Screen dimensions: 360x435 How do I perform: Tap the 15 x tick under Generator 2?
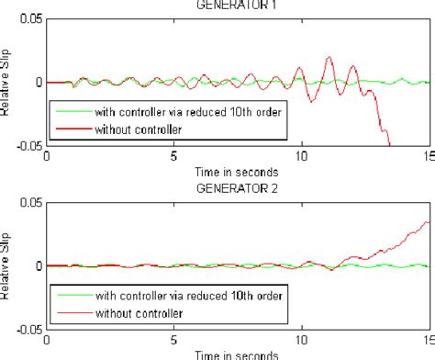[x=428, y=342]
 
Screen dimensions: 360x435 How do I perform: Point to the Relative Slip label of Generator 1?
[x=7, y=82]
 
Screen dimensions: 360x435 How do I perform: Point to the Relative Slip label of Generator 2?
[x=7, y=266]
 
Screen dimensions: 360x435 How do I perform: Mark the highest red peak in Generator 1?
[x=329, y=58]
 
